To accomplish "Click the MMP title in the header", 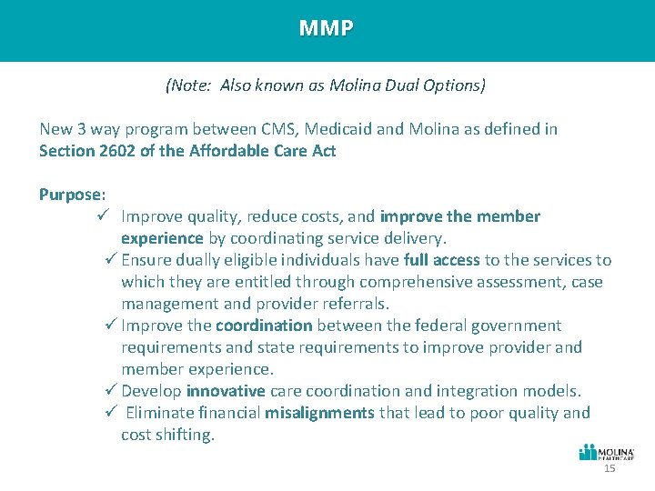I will tap(326, 28).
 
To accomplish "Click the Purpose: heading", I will tap(73, 195).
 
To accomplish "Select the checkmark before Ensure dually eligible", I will tap(112, 260).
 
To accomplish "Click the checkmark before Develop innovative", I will tap(112, 391).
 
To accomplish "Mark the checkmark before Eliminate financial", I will tap(112, 413).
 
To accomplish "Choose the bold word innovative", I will tap(226, 391).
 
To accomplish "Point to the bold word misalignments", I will tap(319, 413).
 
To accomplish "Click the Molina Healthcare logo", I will tap(607, 453).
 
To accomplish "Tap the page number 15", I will tap(610, 468).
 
